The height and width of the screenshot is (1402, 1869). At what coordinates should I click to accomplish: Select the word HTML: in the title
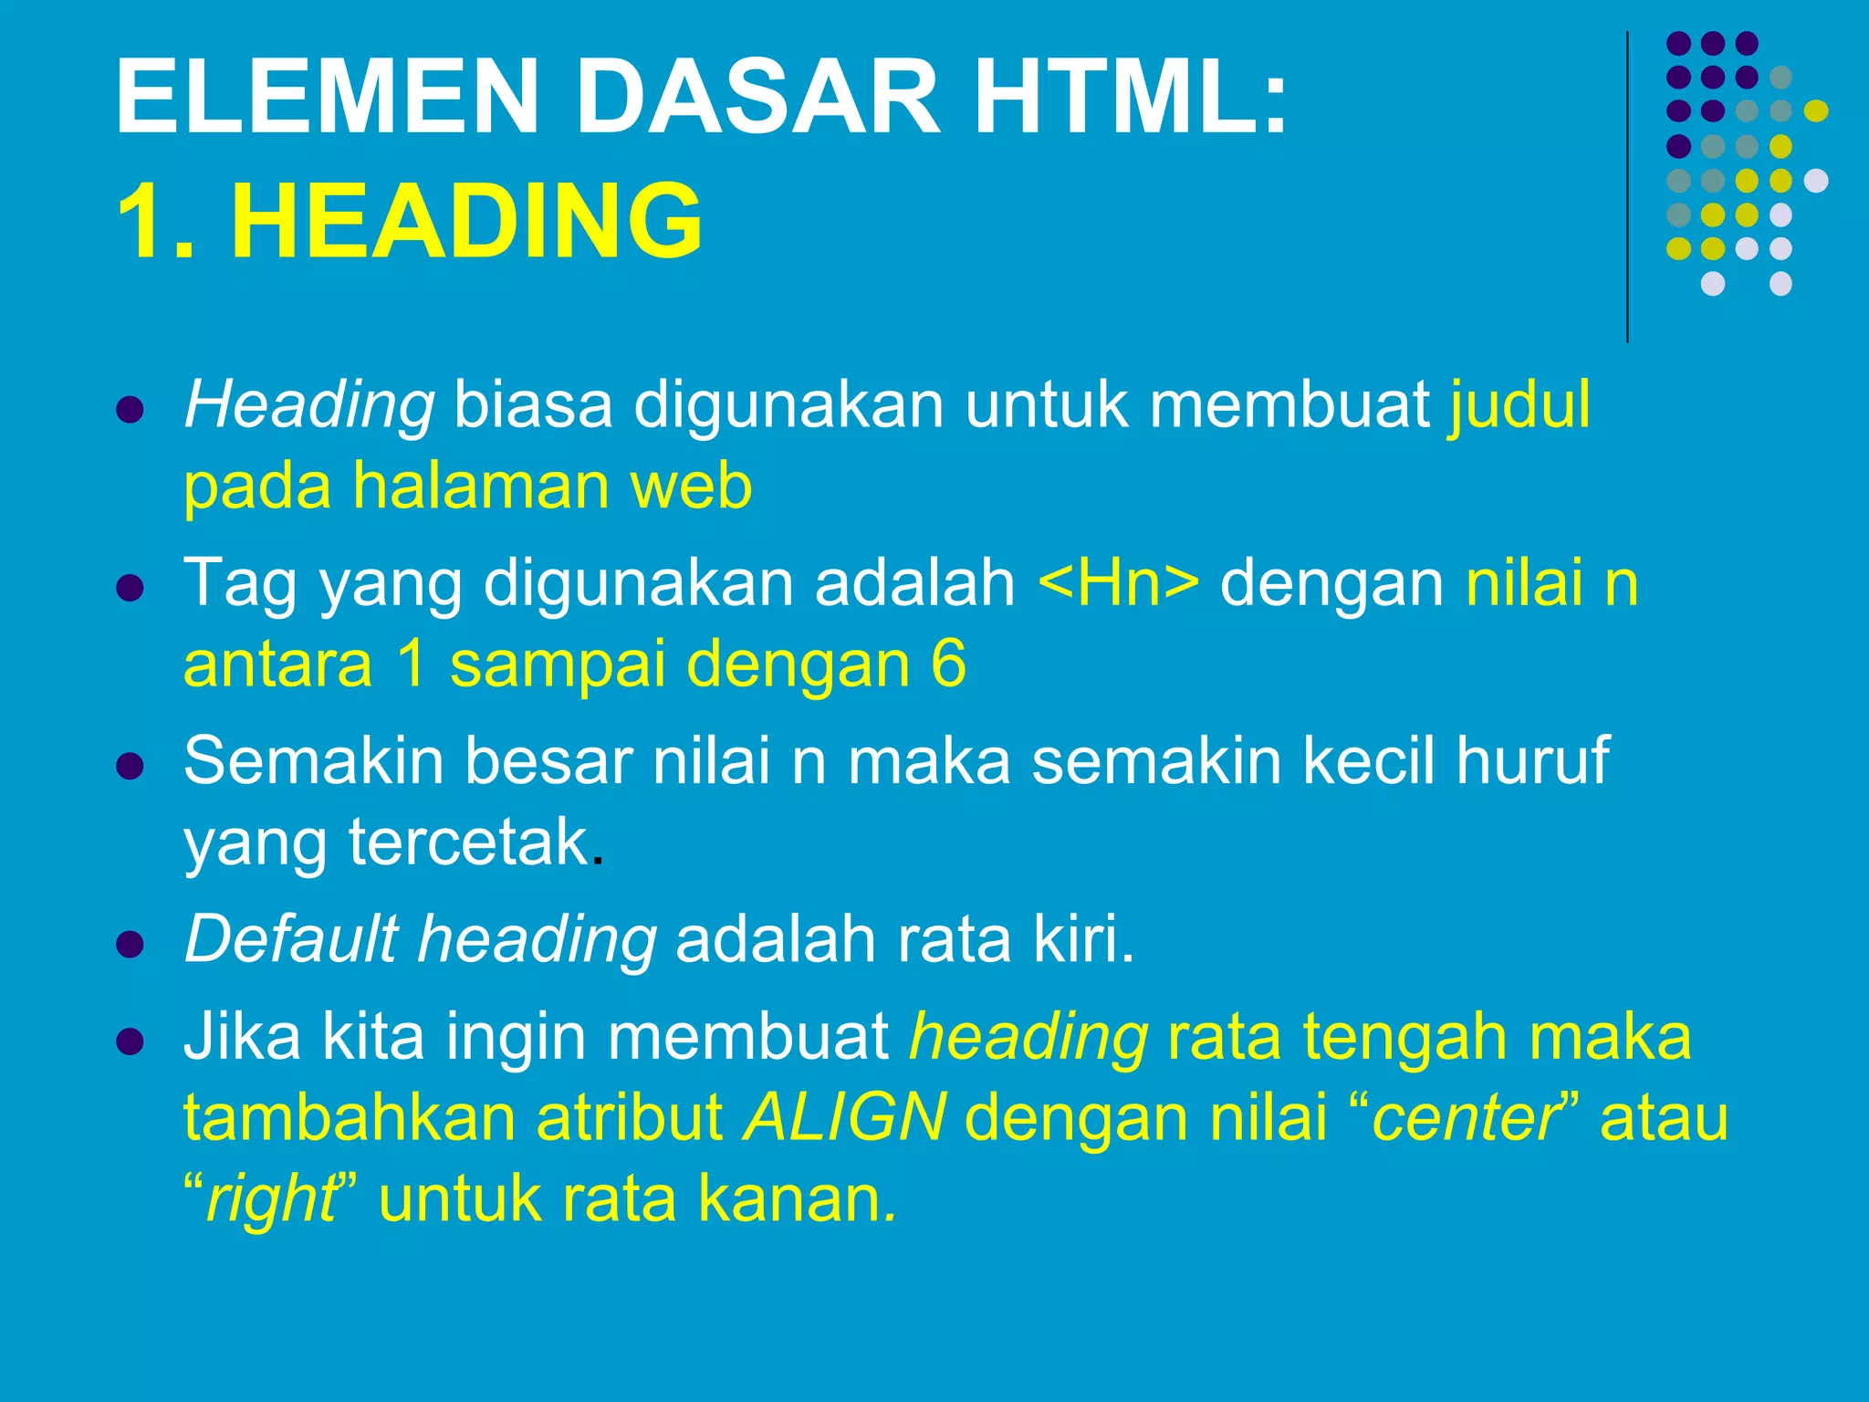[1131, 97]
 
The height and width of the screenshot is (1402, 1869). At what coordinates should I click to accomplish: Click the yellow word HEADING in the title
[466, 221]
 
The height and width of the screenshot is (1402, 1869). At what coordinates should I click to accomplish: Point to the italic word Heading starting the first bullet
[308, 406]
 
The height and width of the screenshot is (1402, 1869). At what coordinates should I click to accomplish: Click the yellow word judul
[1519, 404]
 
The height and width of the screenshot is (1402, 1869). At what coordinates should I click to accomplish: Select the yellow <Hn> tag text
[1119, 583]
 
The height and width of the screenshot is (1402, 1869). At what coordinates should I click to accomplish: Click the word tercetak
[468, 842]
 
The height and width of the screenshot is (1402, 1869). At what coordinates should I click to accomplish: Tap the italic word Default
[291, 938]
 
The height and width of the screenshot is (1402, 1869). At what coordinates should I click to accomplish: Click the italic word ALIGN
[844, 1117]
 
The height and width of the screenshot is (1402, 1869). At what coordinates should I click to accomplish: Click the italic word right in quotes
[271, 1199]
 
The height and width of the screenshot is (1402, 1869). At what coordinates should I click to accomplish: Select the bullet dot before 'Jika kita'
[131, 1041]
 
